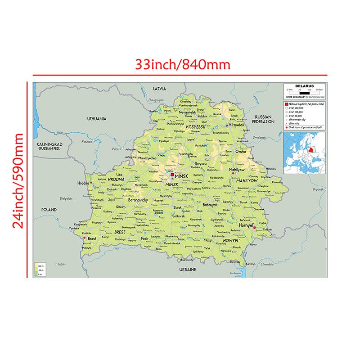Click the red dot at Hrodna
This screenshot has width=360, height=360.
[x=91, y=183]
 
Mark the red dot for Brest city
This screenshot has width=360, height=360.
[x=85, y=238]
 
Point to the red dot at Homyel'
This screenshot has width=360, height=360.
[x=255, y=228]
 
